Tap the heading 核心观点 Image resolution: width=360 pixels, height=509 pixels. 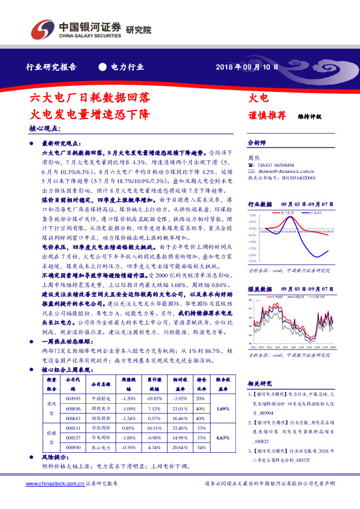(x=45, y=129)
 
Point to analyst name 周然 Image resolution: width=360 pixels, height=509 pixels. (x=255, y=157)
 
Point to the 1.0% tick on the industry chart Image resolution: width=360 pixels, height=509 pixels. (x=252, y=215)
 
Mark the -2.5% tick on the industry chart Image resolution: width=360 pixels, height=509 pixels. (x=252, y=261)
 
